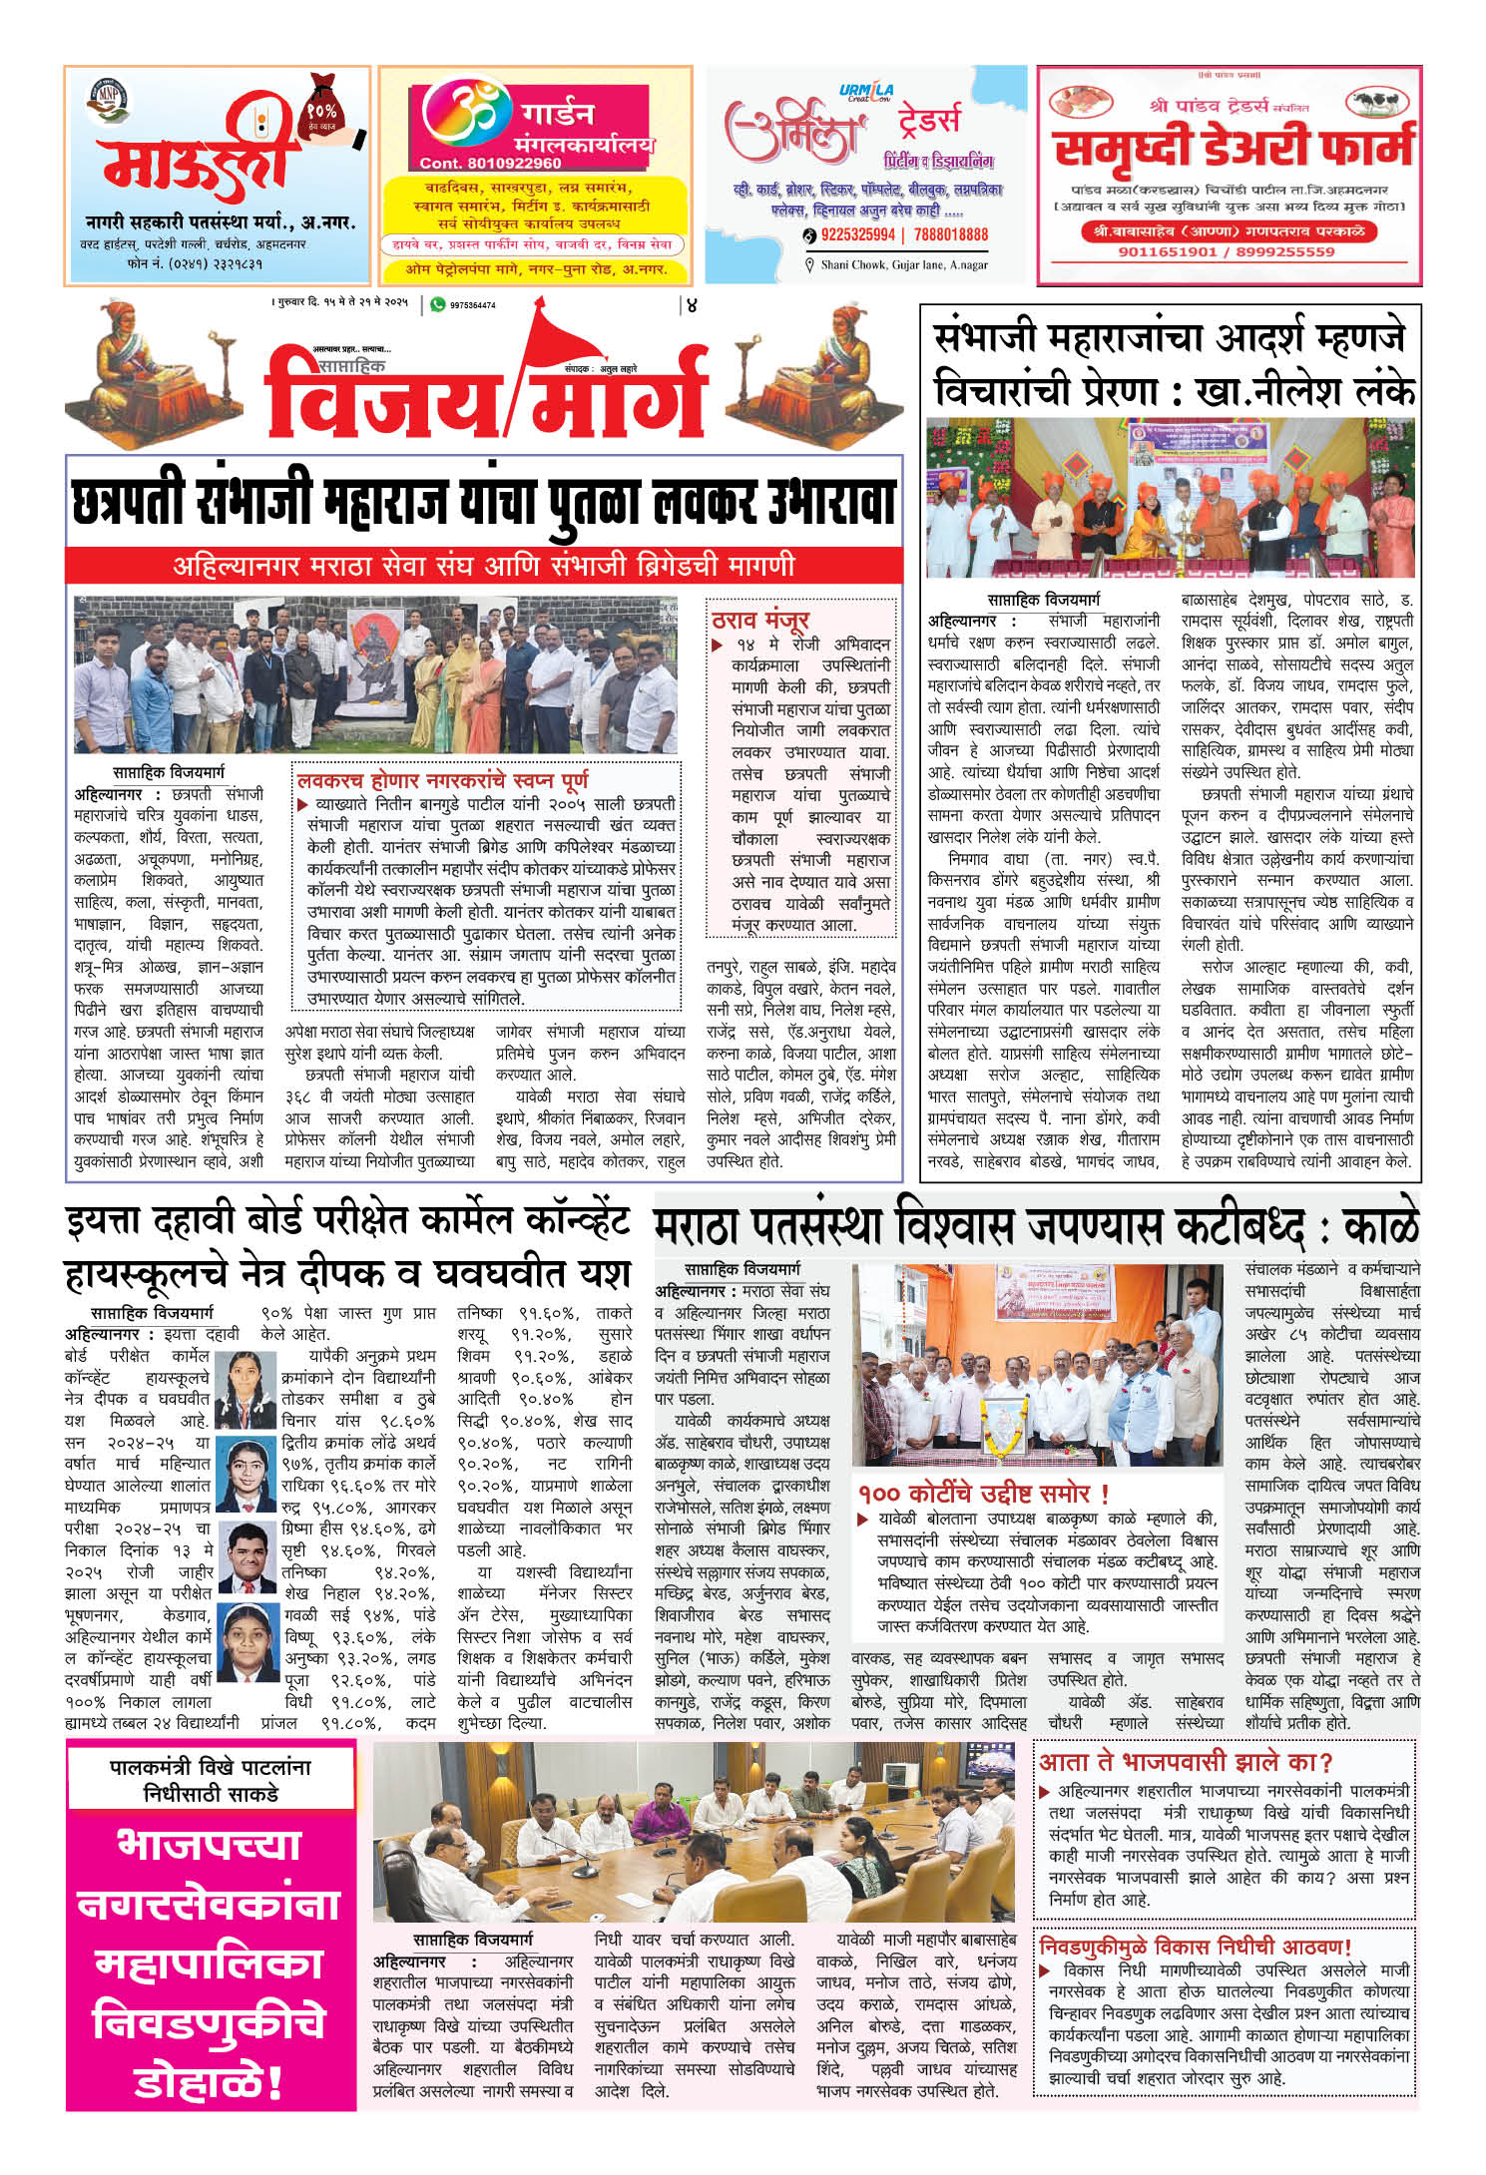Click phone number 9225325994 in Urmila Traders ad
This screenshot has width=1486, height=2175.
click(857, 234)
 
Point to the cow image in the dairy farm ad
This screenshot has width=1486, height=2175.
click(1378, 103)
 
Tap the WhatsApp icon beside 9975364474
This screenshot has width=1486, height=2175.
click(437, 304)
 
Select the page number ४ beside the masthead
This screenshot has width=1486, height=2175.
click(691, 305)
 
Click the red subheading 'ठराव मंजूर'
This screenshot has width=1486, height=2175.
click(760, 619)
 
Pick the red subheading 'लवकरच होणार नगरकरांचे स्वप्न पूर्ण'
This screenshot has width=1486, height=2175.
click(443, 779)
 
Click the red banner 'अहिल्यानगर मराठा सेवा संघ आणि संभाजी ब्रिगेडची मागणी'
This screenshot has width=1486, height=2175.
click(484, 566)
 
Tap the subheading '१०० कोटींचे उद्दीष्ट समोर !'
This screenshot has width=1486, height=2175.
click(984, 1494)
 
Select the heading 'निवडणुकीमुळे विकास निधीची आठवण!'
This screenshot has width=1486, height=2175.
click(1196, 1947)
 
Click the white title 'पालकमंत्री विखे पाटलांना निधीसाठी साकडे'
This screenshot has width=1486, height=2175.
click(211, 1780)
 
